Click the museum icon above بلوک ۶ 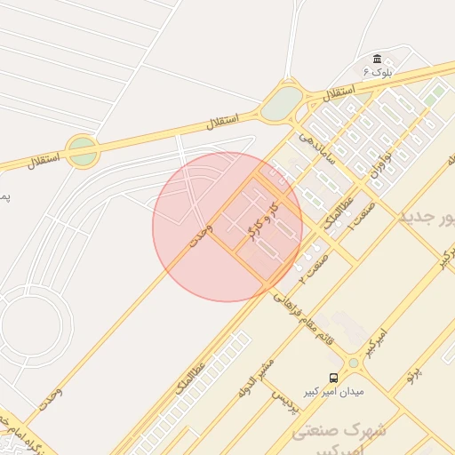pyautogui.click(x=377, y=58)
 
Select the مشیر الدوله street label pyautogui.click(x=256, y=377)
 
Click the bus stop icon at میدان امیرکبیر pyautogui.click(x=333, y=377)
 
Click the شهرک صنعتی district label pyautogui.click(x=339, y=430)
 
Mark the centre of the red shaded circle pyautogui.click(x=227, y=227)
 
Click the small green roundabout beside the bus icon pyautogui.click(x=354, y=363)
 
